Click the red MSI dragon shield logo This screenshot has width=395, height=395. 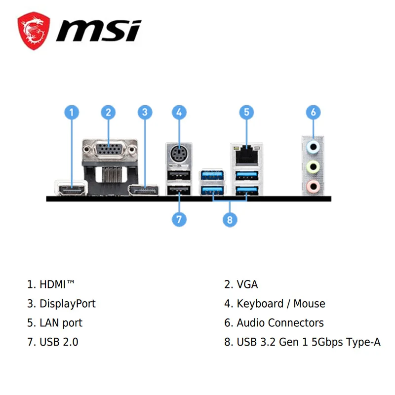tap(34, 31)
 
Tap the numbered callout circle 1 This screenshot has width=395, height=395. tap(72, 112)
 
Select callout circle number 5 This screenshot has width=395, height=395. tap(246, 112)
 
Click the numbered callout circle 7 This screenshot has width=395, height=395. tap(179, 219)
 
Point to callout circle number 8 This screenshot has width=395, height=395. tap(230, 220)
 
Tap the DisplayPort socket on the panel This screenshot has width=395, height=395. tap(143, 191)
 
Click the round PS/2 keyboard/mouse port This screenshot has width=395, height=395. tap(179, 153)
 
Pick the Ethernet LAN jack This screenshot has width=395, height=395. tap(246, 155)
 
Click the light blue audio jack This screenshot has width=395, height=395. tap(313, 147)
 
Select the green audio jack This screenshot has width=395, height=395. tap(313, 167)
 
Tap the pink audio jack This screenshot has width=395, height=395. tap(313, 187)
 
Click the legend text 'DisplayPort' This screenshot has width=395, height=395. tap(68, 304)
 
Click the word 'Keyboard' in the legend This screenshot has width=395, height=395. tap(260, 304)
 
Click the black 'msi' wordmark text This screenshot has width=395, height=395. tap(98, 31)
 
